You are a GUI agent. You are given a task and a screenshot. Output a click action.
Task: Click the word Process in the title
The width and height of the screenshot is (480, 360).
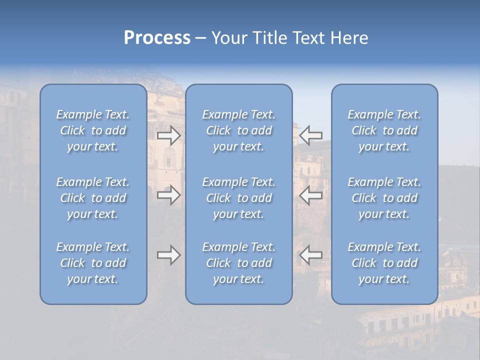157,38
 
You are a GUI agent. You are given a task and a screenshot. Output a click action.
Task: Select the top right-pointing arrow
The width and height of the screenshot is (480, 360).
168,135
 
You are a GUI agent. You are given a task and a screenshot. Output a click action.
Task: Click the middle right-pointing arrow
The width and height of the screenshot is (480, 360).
168,195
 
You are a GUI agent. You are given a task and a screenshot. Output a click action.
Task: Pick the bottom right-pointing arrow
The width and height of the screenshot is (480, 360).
168,255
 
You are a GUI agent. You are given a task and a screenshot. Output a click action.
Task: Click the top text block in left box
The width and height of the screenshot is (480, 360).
93,130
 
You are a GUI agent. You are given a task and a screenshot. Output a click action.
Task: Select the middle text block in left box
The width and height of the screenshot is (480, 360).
93,198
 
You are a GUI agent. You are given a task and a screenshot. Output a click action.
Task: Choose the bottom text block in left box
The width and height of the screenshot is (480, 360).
93,263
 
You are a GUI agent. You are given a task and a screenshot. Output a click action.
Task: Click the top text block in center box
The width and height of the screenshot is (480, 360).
239,130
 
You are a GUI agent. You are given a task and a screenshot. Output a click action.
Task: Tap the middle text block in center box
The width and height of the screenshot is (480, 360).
239,198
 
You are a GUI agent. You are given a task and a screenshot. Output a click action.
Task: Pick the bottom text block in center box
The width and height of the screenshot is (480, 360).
239,263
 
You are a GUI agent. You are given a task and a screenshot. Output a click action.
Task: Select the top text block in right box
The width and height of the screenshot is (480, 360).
384,130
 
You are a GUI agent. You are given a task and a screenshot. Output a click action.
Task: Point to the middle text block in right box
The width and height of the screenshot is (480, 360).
384,198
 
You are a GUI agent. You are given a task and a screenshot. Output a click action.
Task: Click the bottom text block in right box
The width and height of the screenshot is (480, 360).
384,263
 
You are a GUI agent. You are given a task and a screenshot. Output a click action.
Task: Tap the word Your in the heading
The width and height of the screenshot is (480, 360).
229,38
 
